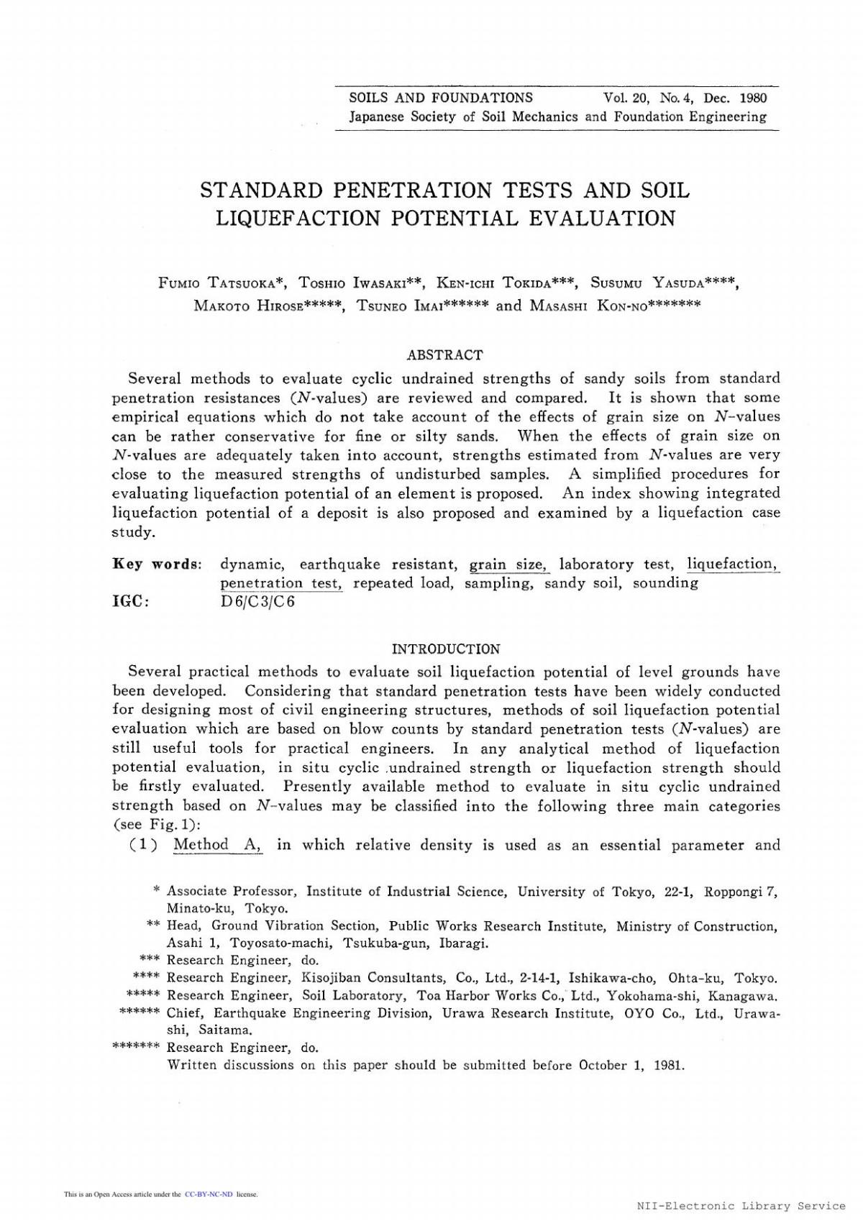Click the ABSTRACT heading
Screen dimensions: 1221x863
pyautogui.click(x=444, y=355)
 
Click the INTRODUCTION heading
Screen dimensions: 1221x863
pyautogui.click(x=446, y=649)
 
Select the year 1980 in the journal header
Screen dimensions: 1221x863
pyautogui.click(x=752, y=98)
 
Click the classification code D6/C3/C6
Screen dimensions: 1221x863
pyautogui.click(x=257, y=602)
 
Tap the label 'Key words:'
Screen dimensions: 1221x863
pyautogui.click(x=157, y=564)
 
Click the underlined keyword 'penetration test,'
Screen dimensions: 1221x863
pyautogui.click(x=281, y=583)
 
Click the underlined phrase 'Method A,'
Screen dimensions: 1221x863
pyautogui.click(x=218, y=845)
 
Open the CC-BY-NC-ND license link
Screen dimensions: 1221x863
pyautogui.click(x=209, y=1194)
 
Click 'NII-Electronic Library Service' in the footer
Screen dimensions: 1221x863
pyautogui.click(x=741, y=1206)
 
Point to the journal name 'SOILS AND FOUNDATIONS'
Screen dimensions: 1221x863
pyautogui.click(x=441, y=98)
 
